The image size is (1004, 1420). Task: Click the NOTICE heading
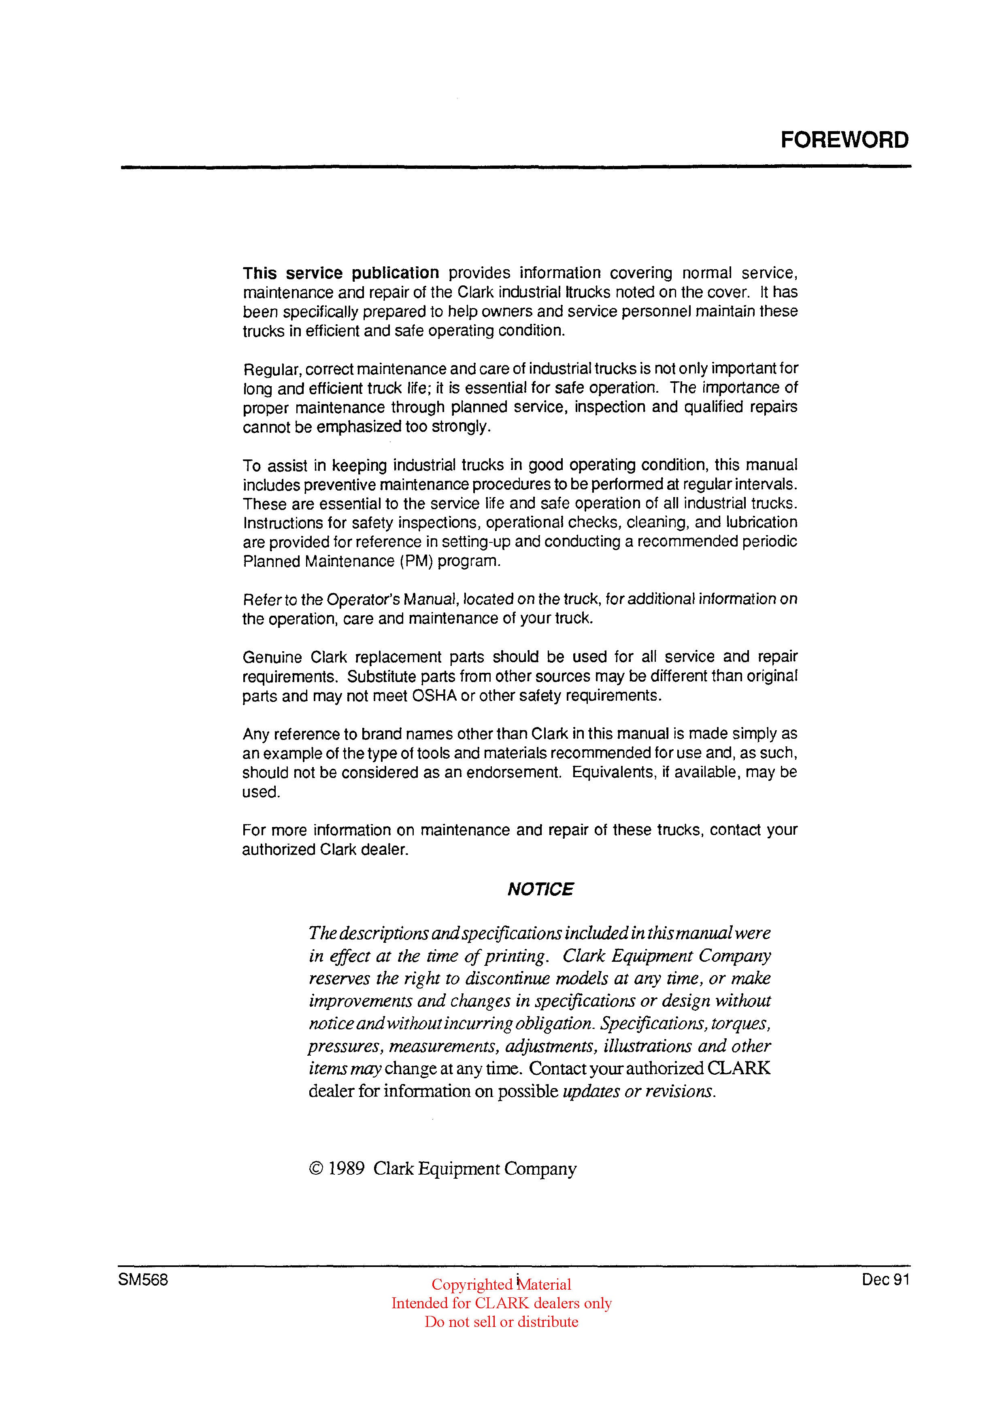click(540, 889)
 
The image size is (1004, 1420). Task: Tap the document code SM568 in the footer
click(143, 1280)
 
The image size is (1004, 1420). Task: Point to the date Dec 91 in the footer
click(885, 1280)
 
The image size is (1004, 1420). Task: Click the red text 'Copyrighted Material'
click(501, 1284)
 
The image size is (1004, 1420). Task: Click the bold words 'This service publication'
click(341, 273)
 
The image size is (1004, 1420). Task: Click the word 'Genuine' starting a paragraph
click(272, 657)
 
